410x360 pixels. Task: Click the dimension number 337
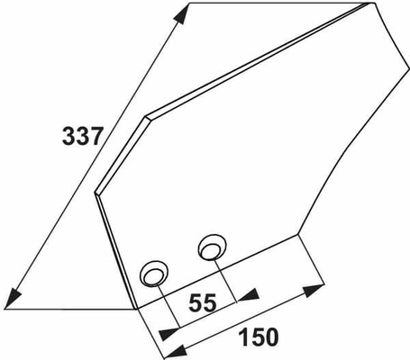pyautogui.click(x=83, y=136)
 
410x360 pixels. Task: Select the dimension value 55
pyautogui.click(x=202, y=302)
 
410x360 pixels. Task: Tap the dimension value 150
pyautogui.click(x=259, y=337)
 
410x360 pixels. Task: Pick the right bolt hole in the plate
pyautogui.click(x=212, y=247)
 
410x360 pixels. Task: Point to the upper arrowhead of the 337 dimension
pyautogui.click(x=179, y=16)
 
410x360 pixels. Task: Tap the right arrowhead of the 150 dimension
pyautogui.click(x=313, y=290)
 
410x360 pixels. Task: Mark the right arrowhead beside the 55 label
pyautogui.click(x=249, y=295)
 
